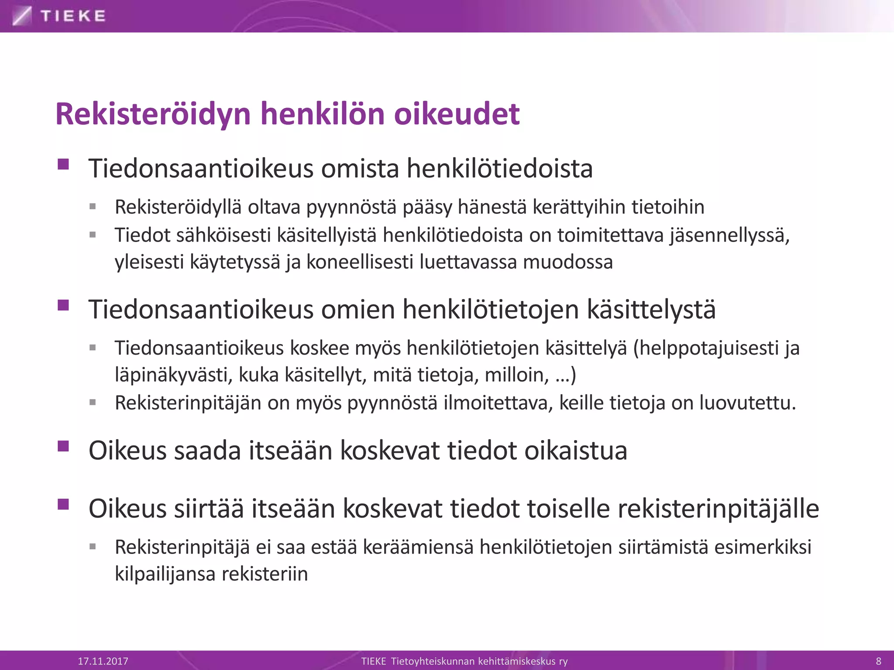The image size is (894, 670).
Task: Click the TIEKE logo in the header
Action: (59, 16)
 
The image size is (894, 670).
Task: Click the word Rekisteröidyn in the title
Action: (153, 114)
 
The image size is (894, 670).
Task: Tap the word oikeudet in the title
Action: (457, 114)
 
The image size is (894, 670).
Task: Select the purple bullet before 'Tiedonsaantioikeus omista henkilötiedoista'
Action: (63, 164)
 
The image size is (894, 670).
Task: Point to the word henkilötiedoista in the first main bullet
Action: (499, 169)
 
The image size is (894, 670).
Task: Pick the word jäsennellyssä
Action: (729, 235)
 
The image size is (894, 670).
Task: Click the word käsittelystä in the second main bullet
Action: (651, 310)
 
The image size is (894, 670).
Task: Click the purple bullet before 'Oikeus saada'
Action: (63, 446)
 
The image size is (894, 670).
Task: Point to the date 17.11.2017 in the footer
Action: (103, 661)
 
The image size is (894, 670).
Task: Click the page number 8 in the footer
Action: (879, 661)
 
